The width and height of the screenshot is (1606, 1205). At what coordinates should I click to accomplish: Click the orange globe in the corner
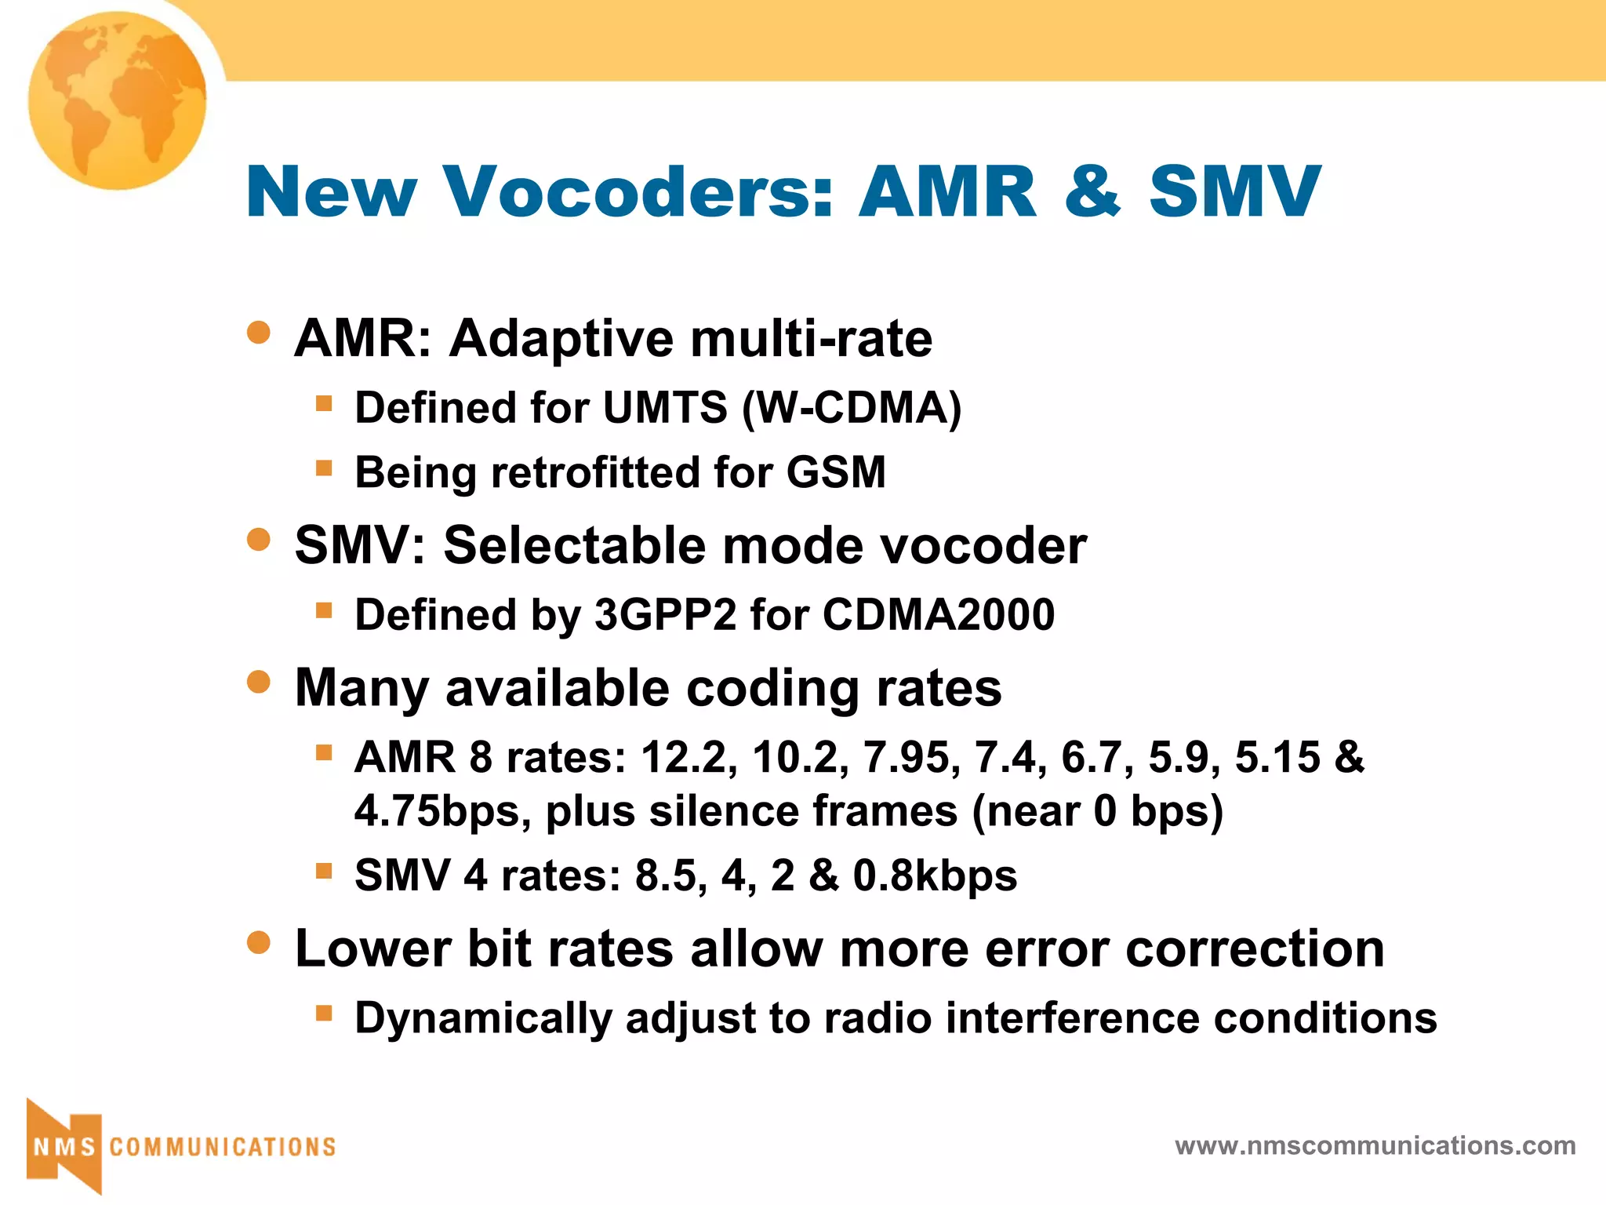[118, 100]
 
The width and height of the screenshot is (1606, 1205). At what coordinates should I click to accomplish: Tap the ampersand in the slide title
[1092, 191]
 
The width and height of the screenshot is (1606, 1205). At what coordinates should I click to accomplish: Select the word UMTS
[665, 408]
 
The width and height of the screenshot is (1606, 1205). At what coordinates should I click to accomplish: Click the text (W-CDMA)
[852, 408]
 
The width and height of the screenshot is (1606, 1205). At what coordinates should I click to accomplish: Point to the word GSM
[836, 472]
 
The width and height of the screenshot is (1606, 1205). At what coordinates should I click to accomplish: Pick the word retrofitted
[595, 472]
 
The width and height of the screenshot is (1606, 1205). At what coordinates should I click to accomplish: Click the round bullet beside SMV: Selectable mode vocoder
[258, 539]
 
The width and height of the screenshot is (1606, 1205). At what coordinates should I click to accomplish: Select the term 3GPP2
[665, 614]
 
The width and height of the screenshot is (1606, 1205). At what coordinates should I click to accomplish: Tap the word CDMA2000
[939, 614]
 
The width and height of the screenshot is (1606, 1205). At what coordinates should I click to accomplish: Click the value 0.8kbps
[934, 876]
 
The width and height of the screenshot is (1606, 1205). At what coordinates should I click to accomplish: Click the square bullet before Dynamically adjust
[324, 1013]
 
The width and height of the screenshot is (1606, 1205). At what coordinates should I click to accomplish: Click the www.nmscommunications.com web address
[1375, 1145]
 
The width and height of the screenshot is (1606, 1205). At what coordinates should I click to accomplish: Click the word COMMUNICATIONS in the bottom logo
[223, 1147]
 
